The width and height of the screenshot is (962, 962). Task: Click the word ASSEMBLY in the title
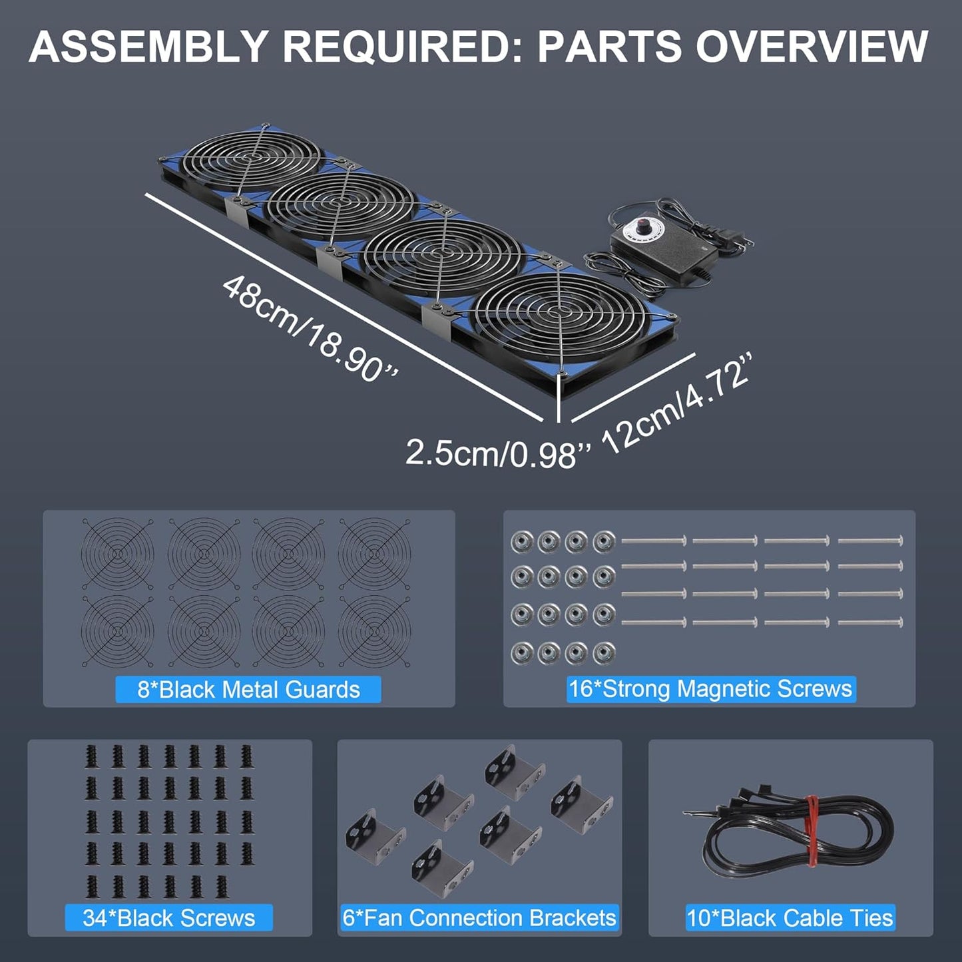(x=148, y=47)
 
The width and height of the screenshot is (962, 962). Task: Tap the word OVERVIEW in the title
(x=812, y=47)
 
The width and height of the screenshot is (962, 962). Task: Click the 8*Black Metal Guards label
(x=248, y=689)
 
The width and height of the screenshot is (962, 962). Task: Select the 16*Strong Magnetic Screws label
(x=710, y=688)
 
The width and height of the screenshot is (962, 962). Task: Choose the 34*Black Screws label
(x=168, y=917)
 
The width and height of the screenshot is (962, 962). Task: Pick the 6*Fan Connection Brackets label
(x=479, y=917)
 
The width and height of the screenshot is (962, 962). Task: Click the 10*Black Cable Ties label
(x=790, y=917)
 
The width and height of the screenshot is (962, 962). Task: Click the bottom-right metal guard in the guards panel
(x=374, y=630)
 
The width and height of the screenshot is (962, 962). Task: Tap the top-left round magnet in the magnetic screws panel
(x=522, y=542)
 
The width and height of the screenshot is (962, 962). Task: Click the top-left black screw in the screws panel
(x=92, y=756)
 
